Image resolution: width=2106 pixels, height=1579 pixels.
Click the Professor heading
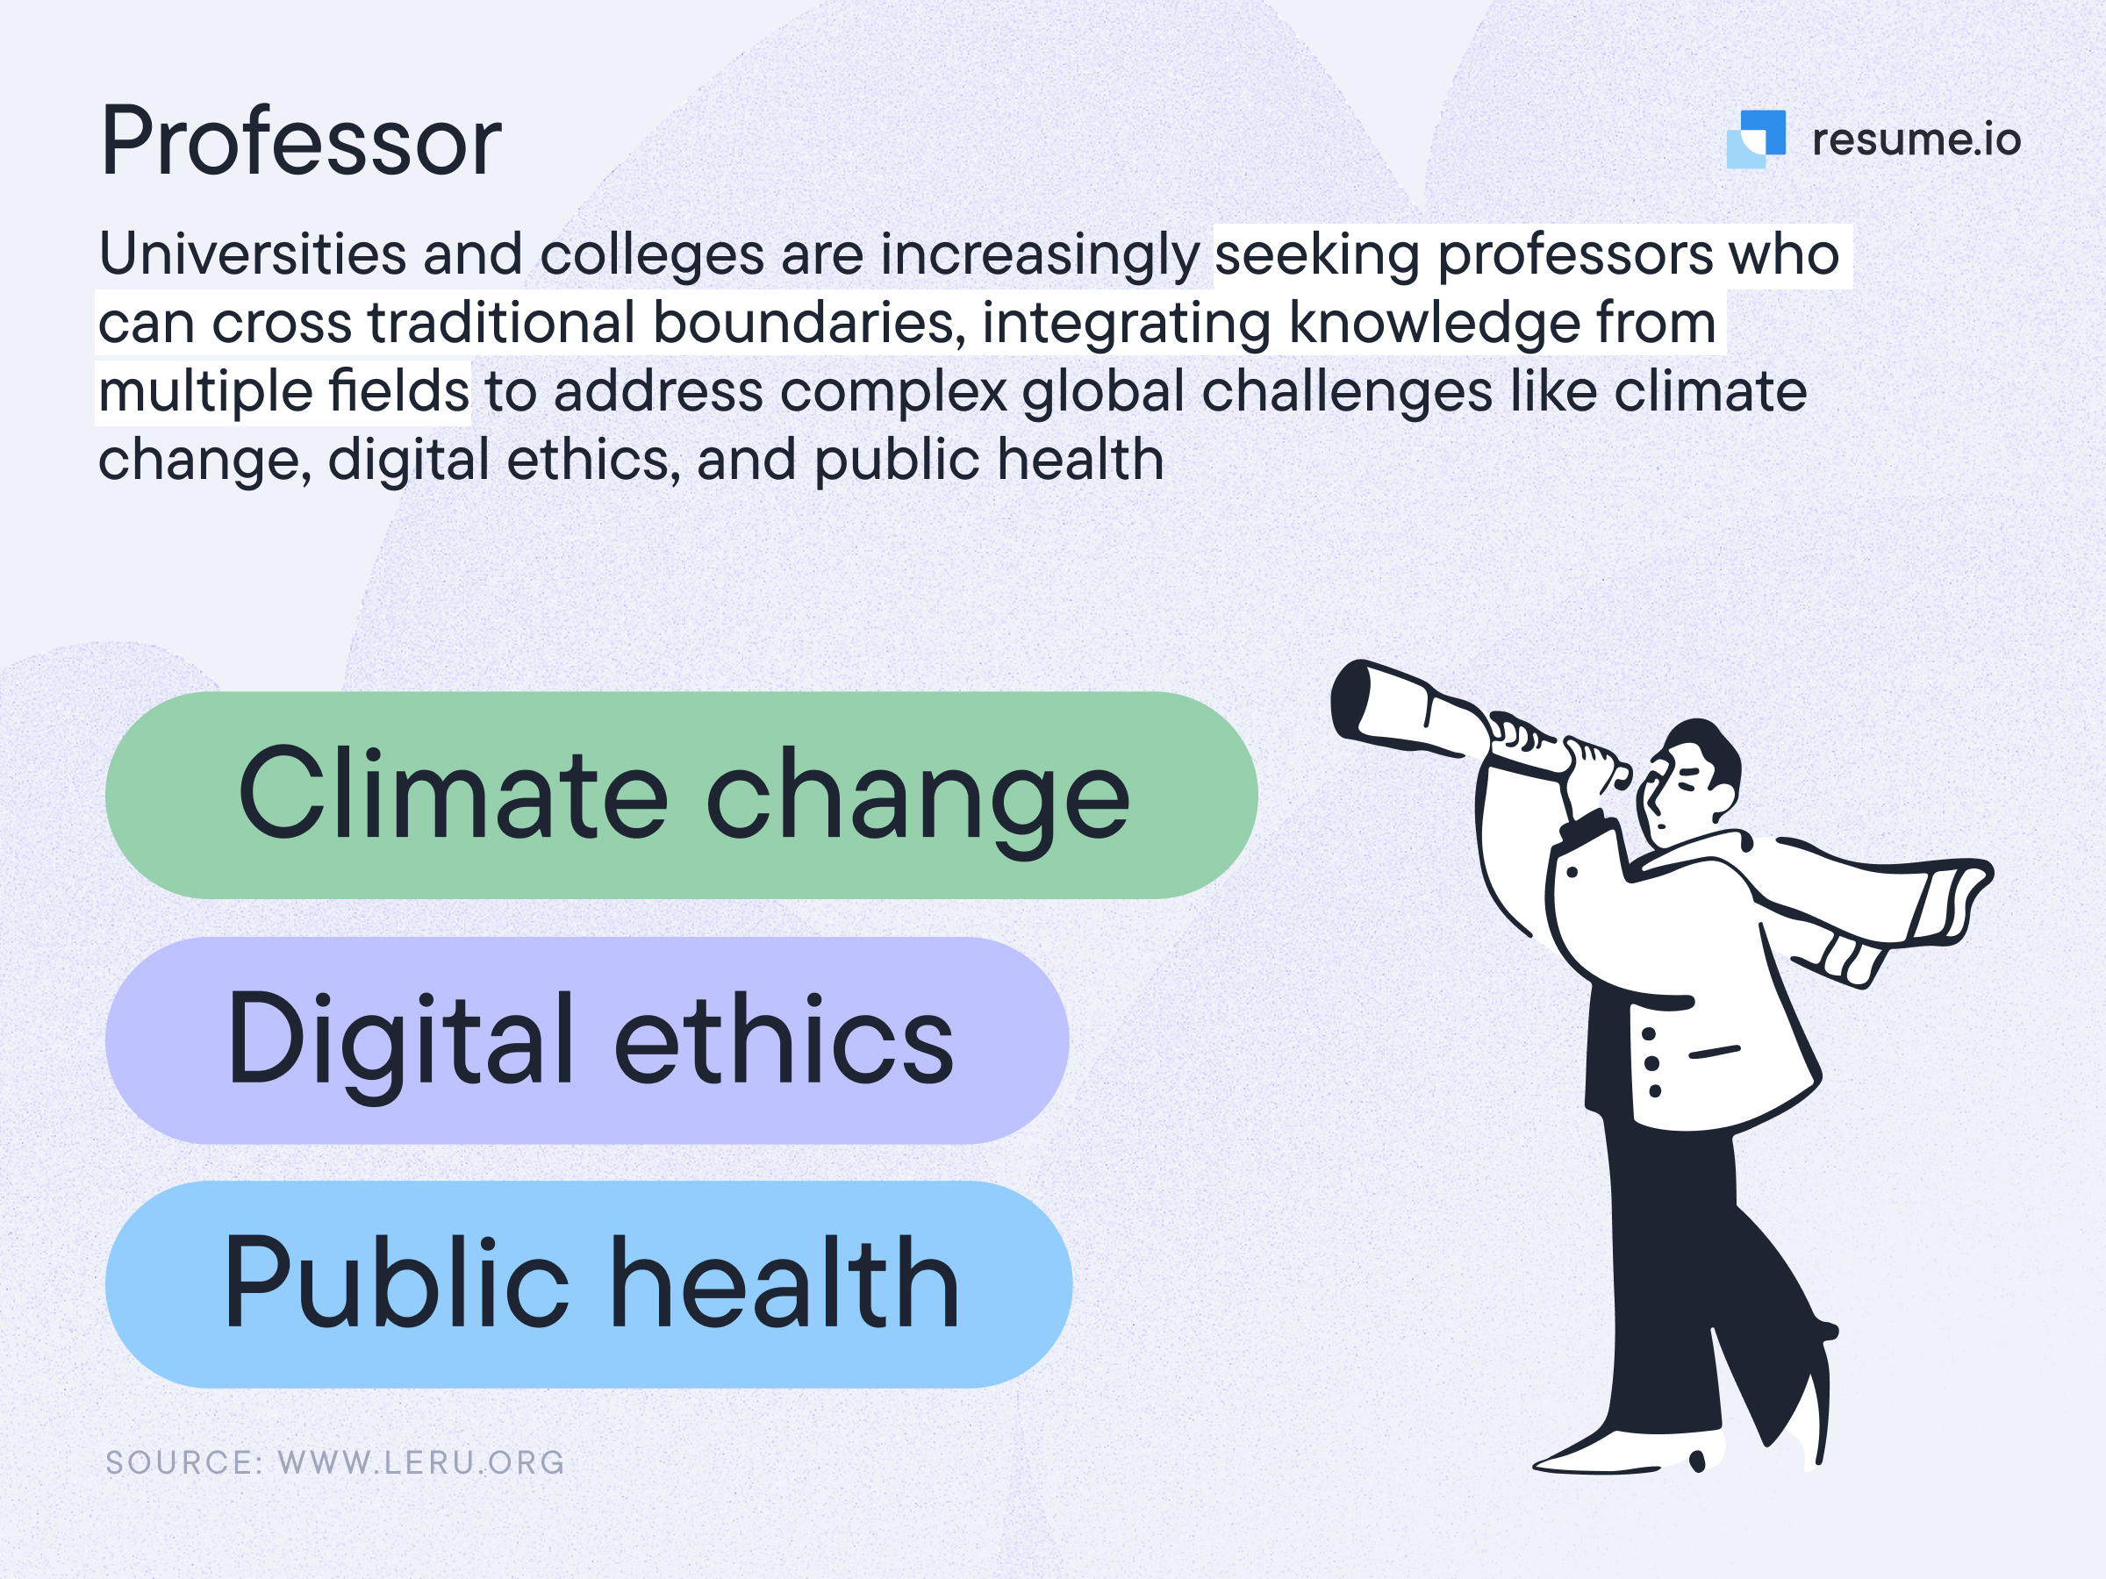pos(300,143)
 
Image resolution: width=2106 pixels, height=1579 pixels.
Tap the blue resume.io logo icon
pos(1756,139)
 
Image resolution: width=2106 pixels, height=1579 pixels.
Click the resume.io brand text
pos(1916,139)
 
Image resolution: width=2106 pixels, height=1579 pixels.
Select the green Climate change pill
pos(681,795)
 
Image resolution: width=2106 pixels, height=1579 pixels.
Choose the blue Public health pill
pos(589,1284)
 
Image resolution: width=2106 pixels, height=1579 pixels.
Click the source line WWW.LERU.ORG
pos(335,1463)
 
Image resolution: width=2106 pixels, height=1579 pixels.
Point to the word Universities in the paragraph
pos(253,255)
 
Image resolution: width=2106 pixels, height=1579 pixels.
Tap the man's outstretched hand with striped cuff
pos(1952,895)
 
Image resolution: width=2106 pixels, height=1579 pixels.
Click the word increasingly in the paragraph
pos(1039,255)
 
